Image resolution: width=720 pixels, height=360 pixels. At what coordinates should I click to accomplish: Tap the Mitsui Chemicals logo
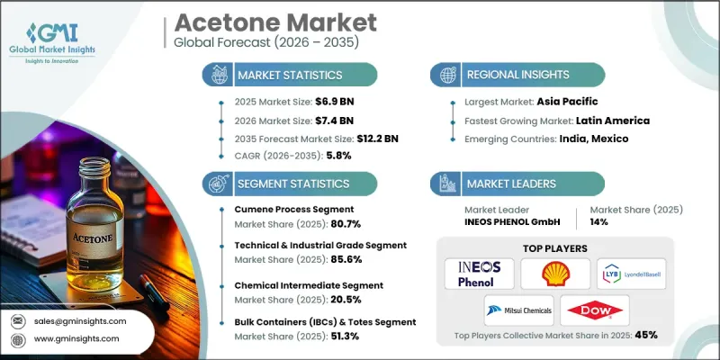click(517, 310)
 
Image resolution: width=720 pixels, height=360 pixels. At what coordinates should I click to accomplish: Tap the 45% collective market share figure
click(645, 335)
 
